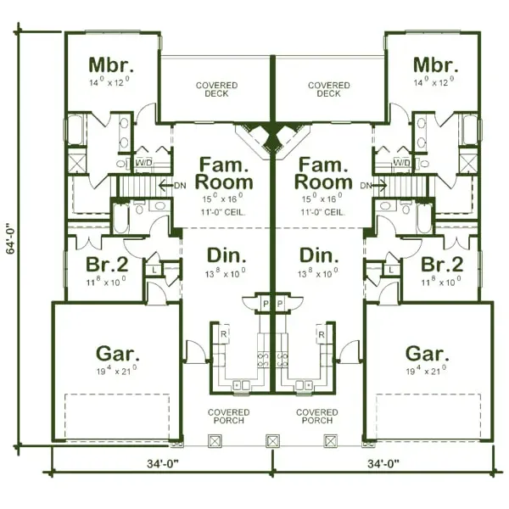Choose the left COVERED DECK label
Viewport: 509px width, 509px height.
(x=216, y=90)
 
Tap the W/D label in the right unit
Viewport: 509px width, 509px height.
(x=401, y=162)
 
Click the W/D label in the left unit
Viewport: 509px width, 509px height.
(x=143, y=162)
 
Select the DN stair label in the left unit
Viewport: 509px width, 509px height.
(x=179, y=185)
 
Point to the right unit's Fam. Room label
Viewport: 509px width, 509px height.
(x=322, y=172)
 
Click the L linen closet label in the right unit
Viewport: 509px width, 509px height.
(x=391, y=269)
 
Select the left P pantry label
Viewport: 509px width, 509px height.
(x=264, y=303)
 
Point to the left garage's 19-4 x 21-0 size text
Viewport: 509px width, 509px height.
(x=117, y=371)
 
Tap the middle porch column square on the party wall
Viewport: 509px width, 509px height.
(x=272, y=441)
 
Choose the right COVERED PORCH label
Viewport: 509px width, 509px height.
(x=316, y=417)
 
